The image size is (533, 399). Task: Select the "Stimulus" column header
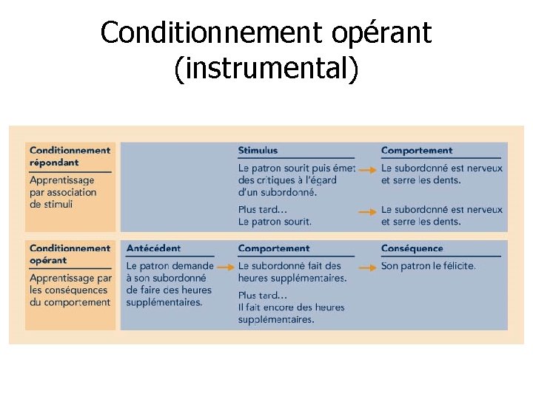[x=258, y=150]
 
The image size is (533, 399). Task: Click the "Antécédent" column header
[x=153, y=248]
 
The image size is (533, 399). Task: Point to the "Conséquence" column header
[x=412, y=248]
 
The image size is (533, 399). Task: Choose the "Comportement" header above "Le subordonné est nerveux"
[x=416, y=150]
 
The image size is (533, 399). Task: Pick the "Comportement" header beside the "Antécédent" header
[x=274, y=248]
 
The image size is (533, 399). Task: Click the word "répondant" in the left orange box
[x=54, y=162]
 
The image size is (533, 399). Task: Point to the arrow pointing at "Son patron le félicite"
[x=366, y=266]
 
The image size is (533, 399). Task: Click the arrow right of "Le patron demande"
[x=225, y=266]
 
